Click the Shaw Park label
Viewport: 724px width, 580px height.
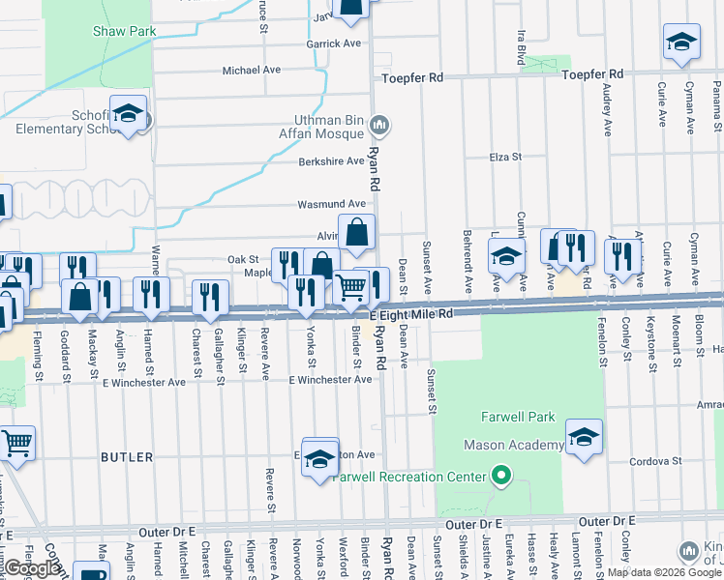click(124, 32)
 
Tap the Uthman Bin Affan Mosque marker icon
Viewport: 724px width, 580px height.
click(380, 125)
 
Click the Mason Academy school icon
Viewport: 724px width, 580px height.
click(584, 437)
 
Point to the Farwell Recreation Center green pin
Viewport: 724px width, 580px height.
click(500, 476)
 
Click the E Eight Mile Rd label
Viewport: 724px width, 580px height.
click(411, 314)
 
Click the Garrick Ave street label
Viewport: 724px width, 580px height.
click(333, 43)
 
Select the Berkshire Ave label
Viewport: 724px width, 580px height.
click(331, 161)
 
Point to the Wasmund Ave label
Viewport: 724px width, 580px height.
click(331, 204)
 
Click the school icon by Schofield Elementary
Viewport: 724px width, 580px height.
click(127, 114)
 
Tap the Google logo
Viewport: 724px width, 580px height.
click(31, 567)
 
